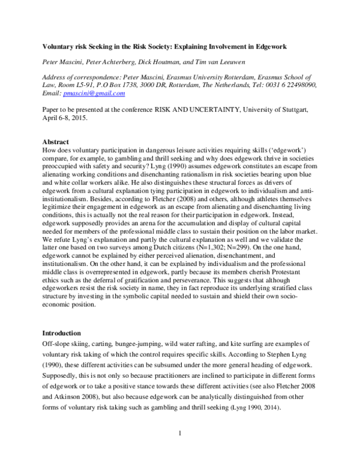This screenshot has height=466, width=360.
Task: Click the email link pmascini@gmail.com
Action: click(x=95, y=93)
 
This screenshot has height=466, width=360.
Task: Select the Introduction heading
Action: click(x=62, y=333)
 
